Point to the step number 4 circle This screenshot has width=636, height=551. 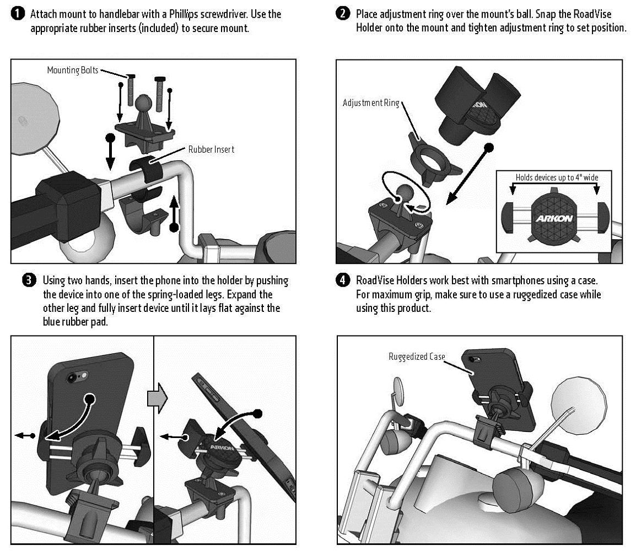pos(343,281)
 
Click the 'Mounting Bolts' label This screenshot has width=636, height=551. pos(73,70)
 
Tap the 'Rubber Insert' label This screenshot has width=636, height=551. pos(211,149)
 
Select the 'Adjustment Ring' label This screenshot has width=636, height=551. pos(370,103)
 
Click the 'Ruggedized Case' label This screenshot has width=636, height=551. pos(417,356)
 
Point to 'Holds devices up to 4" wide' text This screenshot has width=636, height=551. pos(557,177)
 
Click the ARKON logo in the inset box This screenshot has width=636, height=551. pos(554,218)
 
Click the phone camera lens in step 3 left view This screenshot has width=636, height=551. pos(71,379)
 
